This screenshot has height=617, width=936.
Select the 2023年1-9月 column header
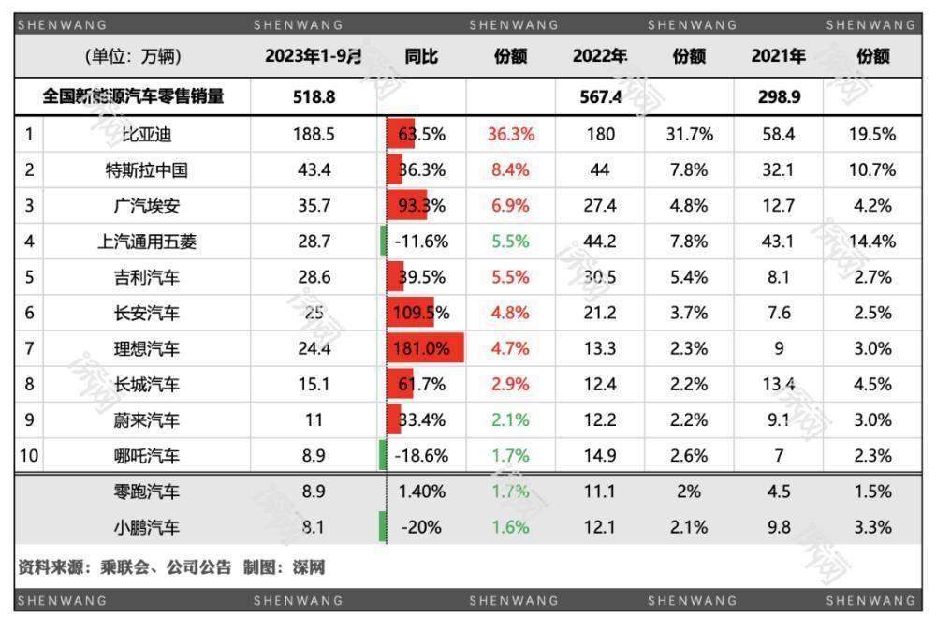[x=313, y=56]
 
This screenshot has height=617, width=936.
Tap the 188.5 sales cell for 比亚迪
[x=313, y=134]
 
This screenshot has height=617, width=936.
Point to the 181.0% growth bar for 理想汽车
[x=423, y=349]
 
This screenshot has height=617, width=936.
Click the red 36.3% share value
[x=510, y=134]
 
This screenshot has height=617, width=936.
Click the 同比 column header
[x=421, y=56]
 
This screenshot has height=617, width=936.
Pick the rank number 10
[x=30, y=457]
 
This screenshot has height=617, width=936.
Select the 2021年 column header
[x=778, y=56]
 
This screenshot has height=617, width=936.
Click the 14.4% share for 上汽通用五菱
[x=871, y=242]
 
